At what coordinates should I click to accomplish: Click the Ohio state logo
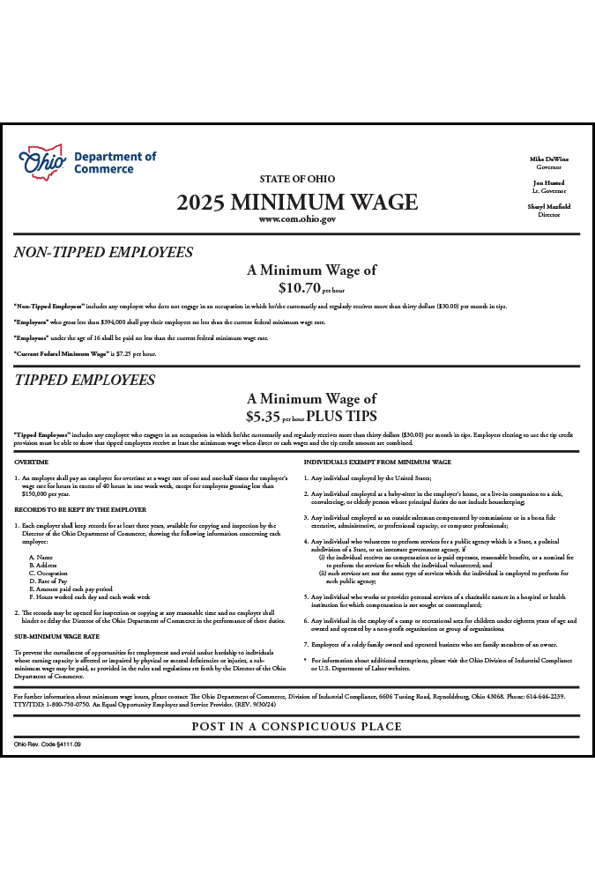coord(42,163)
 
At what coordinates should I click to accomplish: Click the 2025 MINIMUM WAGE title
coord(297,202)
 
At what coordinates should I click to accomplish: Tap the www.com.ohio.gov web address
coord(297,219)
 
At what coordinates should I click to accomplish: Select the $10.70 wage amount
coord(299,287)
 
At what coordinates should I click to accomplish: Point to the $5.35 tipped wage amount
coord(263,416)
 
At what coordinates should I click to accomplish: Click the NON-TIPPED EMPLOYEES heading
coord(103,253)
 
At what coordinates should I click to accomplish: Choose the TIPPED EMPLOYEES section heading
coord(85,381)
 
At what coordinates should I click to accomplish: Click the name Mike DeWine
coord(549,159)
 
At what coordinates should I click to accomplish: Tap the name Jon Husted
coord(549,183)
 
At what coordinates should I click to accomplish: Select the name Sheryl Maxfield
coord(549,207)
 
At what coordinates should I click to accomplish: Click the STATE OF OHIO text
coord(297,180)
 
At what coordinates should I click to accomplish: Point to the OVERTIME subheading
coord(32,462)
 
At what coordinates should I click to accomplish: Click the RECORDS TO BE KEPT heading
coord(80,509)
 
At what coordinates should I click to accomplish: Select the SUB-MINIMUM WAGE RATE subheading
coord(56,635)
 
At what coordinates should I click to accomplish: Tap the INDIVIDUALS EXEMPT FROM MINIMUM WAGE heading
coord(377,462)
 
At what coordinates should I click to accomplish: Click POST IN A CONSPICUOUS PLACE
coord(297,727)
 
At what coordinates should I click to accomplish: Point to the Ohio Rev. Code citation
coord(48,744)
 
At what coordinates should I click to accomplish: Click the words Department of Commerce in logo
coord(115,163)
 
